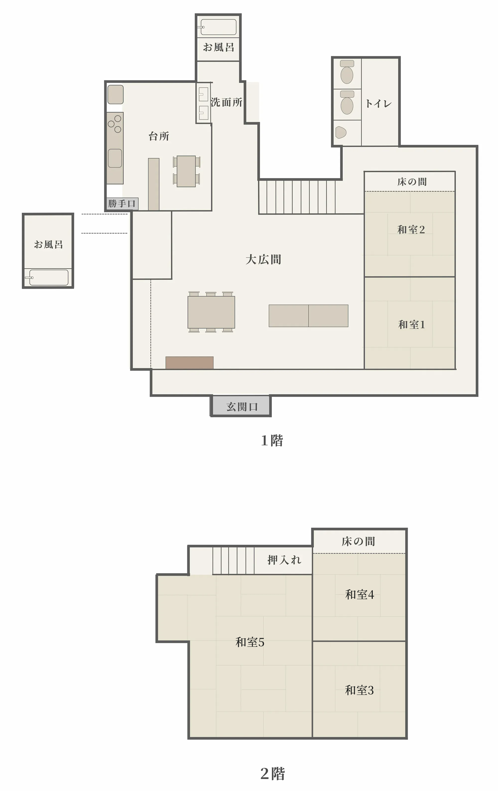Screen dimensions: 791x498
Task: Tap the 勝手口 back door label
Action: [x=122, y=204]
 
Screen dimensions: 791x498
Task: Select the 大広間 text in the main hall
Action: [x=263, y=259]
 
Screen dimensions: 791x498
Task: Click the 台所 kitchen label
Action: [x=159, y=136]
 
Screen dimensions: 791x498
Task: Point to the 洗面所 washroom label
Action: [x=227, y=102]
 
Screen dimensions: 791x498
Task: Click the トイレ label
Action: [x=378, y=104]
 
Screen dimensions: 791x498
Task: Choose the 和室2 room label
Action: [x=411, y=229]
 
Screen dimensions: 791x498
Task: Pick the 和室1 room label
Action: [x=411, y=324]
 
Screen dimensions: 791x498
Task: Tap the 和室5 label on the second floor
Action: [x=250, y=642]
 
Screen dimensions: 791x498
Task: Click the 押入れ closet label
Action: [x=284, y=560]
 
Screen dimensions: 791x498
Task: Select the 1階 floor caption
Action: [x=272, y=441]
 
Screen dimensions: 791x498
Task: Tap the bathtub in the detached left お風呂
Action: [x=49, y=278]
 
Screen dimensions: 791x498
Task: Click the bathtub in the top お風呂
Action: [x=219, y=27]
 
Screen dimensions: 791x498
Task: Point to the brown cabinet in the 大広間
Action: [x=189, y=363]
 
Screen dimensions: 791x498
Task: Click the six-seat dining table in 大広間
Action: [x=211, y=312]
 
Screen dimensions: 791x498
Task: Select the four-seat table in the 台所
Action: [x=186, y=171]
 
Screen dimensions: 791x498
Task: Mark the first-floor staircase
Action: [x=297, y=197]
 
